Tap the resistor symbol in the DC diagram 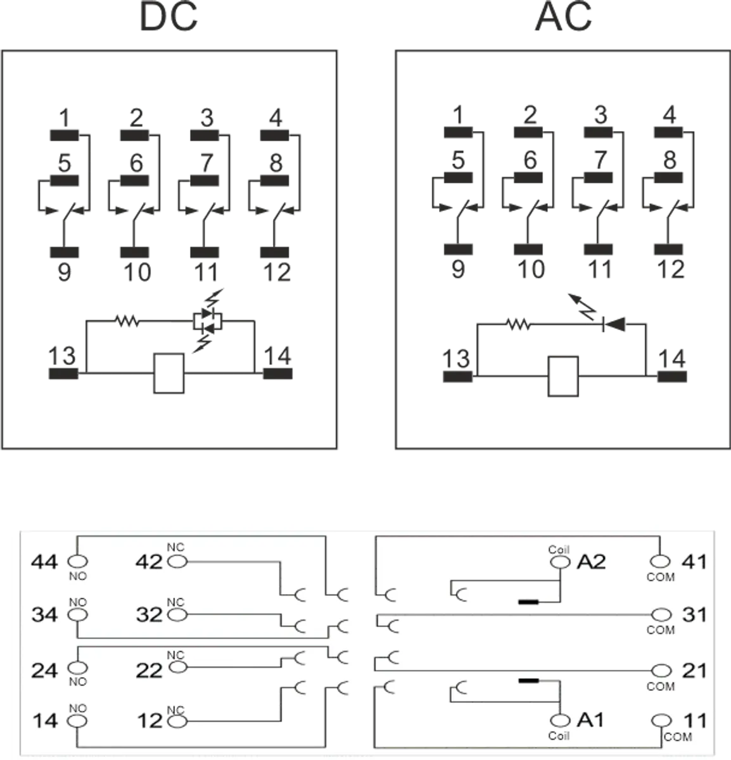[x=127, y=322]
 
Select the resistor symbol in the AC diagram [x=518, y=325]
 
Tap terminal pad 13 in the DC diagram [x=64, y=374]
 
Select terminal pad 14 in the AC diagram [x=671, y=377]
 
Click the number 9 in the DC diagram [x=64, y=272]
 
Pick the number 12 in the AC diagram [x=671, y=270]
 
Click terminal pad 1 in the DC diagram [x=64, y=135]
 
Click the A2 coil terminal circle [x=560, y=561]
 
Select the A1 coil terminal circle [x=560, y=720]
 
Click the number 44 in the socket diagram [x=44, y=562]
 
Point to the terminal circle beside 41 [x=661, y=561]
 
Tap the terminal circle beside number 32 [x=177, y=614]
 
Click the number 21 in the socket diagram [x=695, y=670]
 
